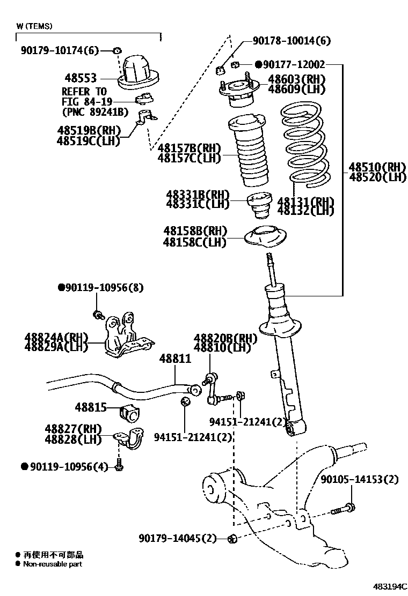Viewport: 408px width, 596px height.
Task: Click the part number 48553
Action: click(x=78, y=78)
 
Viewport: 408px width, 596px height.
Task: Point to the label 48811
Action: click(x=174, y=359)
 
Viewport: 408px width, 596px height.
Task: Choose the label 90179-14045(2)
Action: click(x=177, y=538)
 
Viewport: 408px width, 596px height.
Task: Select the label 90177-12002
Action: click(x=294, y=64)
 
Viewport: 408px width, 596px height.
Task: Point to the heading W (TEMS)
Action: click(x=34, y=26)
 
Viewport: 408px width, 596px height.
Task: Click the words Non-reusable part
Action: click(x=53, y=564)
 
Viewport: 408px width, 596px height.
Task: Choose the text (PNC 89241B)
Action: click(x=95, y=111)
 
